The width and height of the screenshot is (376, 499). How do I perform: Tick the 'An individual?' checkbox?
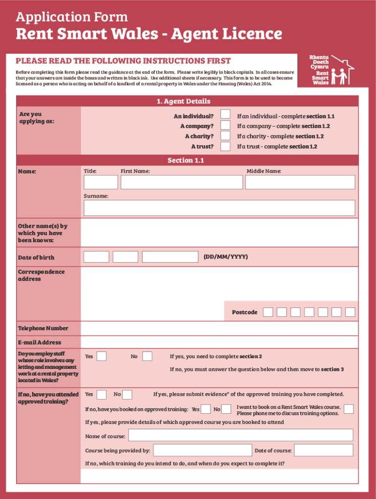tap(225, 114)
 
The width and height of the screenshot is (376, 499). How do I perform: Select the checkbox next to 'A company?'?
tap(225, 125)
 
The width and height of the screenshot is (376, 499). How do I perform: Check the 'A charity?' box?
tap(225, 135)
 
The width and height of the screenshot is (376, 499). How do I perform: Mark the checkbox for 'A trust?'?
tap(225, 146)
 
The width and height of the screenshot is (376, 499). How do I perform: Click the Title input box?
tap(101, 182)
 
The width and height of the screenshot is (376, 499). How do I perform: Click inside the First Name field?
tap(181, 182)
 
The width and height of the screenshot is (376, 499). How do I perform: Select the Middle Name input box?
tap(300, 182)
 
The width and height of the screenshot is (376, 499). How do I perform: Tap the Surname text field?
tap(219, 208)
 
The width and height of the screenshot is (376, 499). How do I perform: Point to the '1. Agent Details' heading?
tap(184, 101)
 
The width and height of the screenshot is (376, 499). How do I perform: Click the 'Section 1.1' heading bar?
tap(186, 160)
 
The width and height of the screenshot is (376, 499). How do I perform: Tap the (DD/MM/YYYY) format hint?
tap(226, 256)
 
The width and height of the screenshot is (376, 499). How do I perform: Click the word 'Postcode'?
tap(245, 312)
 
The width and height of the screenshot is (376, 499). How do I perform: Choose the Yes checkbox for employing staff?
tap(102, 356)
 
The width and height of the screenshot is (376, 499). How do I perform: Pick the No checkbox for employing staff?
tap(147, 356)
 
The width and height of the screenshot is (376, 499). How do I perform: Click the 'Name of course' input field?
tap(240, 435)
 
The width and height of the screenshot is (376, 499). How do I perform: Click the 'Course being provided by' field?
tap(202, 450)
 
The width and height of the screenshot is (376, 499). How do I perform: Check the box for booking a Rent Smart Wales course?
tap(349, 409)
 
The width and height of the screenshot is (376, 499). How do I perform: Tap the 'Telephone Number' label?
tap(43, 328)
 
